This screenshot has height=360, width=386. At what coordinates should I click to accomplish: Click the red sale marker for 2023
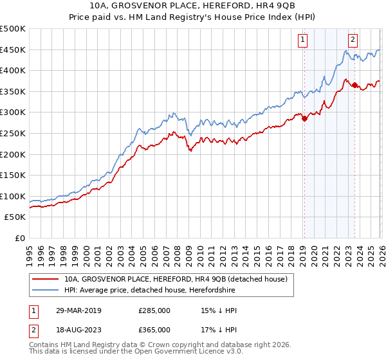(354, 85)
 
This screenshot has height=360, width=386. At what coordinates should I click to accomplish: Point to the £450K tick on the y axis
(13, 50)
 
